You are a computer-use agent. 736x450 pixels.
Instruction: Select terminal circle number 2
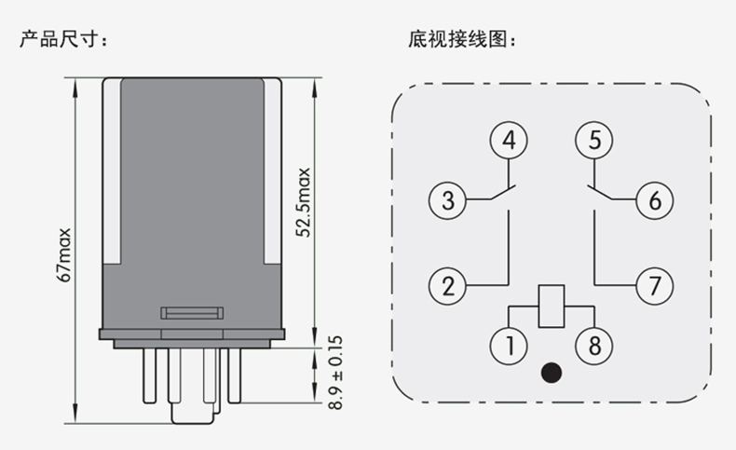coord(448,284)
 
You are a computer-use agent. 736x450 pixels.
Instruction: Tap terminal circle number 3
coord(448,199)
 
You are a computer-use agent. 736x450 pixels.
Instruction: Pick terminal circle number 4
coord(509,141)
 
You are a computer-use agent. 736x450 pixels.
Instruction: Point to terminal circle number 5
coord(593,141)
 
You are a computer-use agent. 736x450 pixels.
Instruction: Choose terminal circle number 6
coord(654,199)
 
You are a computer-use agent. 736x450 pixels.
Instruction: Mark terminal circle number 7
coord(654,284)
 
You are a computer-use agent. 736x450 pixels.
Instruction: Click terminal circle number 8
coord(593,346)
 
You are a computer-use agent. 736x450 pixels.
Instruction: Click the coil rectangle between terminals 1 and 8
coord(552,305)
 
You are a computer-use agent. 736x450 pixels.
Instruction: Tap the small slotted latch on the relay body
coord(192,312)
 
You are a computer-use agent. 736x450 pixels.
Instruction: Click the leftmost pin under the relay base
coord(148,382)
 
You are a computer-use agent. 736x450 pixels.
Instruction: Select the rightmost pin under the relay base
coord(235,382)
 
